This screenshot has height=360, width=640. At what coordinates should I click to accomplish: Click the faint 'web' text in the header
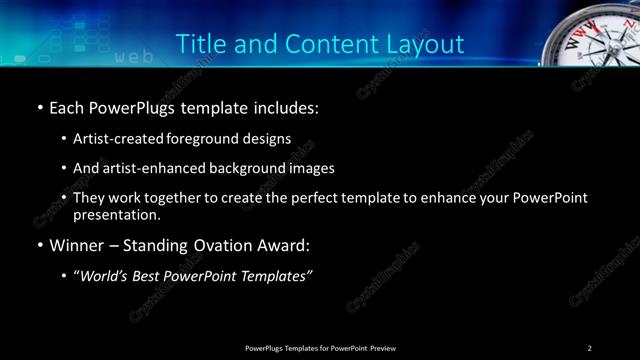point(134,57)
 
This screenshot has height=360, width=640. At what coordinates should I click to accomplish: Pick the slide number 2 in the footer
point(589,347)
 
